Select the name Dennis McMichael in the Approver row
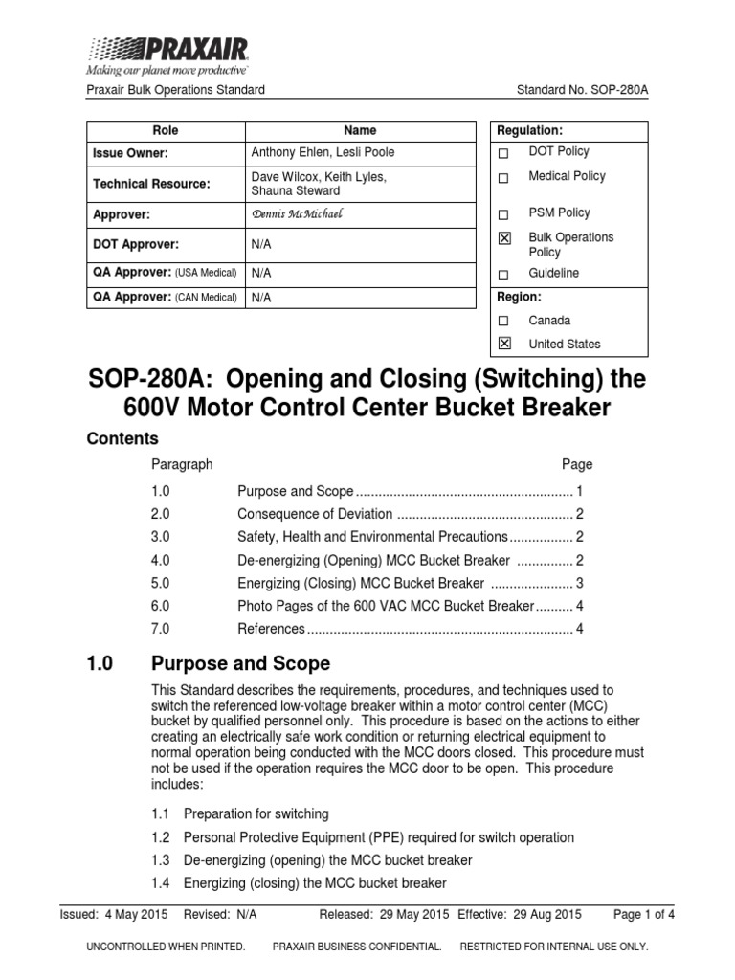pyautogui.click(x=296, y=213)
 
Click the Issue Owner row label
pyautogui.click(x=130, y=152)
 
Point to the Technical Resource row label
pyautogui.click(x=151, y=183)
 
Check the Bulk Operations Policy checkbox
pyautogui.click(x=505, y=238)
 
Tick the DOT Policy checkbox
pyautogui.click(x=505, y=152)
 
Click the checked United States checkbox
pyautogui.click(x=505, y=344)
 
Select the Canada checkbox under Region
pyautogui.click(x=505, y=321)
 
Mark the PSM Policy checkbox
pyautogui.click(x=505, y=213)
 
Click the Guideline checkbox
pyautogui.click(x=505, y=275)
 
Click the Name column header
pyautogui.click(x=360, y=130)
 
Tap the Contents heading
pyautogui.click(x=122, y=438)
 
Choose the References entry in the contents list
pyautogui.click(x=271, y=629)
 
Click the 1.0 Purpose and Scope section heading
pyautogui.click(x=208, y=663)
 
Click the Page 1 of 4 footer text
pyautogui.click(x=644, y=914)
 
